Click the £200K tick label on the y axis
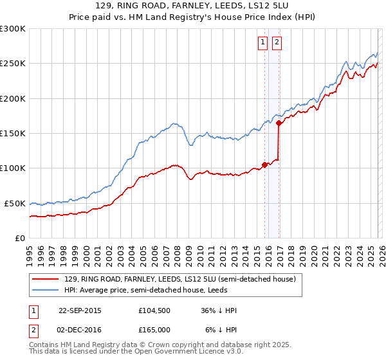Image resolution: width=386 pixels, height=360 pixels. click(13, 98)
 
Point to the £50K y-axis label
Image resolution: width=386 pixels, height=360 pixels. click(15, 203)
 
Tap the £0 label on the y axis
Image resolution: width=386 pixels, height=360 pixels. click(20, 238)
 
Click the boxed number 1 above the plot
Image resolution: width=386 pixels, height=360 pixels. click(263, 43)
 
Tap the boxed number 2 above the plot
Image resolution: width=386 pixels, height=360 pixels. click(277, 43)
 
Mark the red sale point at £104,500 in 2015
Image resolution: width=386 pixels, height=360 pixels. click(264, 165)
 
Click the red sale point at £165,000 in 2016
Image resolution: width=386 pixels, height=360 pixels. click(279, 123)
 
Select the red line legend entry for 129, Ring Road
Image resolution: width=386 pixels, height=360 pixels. click(179, 279)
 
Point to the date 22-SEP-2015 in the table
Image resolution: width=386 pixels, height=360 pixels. click(80, 310)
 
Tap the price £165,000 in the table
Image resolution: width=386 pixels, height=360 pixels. click(154, 330)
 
